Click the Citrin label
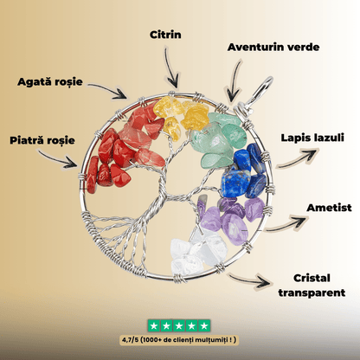[x=165, y=35]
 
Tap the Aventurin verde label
[x=273, y=48]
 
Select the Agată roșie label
[x=50, y=82]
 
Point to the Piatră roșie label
[x=42, y=140]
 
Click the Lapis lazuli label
[x=312, y=138]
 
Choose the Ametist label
[x=329, y=208]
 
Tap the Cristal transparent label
[x=312, y=286]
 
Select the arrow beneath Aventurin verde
[x=235, y=80]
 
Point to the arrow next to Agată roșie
[x=108, y=89]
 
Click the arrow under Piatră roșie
[x=56, y=158]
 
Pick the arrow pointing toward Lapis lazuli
[x=297, y=158]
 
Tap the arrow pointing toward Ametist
[x=286, y=224]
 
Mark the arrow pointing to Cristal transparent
[x=249, y=280]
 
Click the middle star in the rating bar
[x=179, y=326]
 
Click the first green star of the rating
[x=154, y=326]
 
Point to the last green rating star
[x=204, y=326]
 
